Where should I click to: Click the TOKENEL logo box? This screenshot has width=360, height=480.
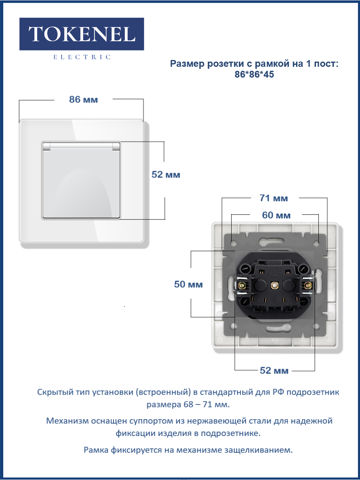tap(82, 34)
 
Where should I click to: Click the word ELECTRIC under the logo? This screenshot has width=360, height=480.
tap(82, 57)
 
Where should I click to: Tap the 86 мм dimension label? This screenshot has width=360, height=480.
tap(84, 100)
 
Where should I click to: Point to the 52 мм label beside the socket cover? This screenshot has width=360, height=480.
tap(166, 174)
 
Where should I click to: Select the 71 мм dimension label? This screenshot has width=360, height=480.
tap(274, 198)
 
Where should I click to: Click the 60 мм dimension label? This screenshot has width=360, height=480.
tap(276, 215)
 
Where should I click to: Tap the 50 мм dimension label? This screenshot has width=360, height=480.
tap(188, 284)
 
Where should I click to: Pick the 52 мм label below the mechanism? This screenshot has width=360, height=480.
tap(274, 370)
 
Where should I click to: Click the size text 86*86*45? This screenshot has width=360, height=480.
tap(254, 74)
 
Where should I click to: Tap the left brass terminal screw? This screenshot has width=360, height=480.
tap(242, 285)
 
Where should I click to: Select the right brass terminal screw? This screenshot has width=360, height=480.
tap(308, 285)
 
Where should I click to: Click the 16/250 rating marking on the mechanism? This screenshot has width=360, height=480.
tap(274, 272)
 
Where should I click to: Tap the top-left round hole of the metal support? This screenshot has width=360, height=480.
tap(234, 243)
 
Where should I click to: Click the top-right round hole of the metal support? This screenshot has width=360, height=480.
tap(316, 243)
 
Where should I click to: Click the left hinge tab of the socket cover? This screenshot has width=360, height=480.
tap(46, 146)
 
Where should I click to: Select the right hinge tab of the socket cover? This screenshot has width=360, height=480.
tap(116, 146)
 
